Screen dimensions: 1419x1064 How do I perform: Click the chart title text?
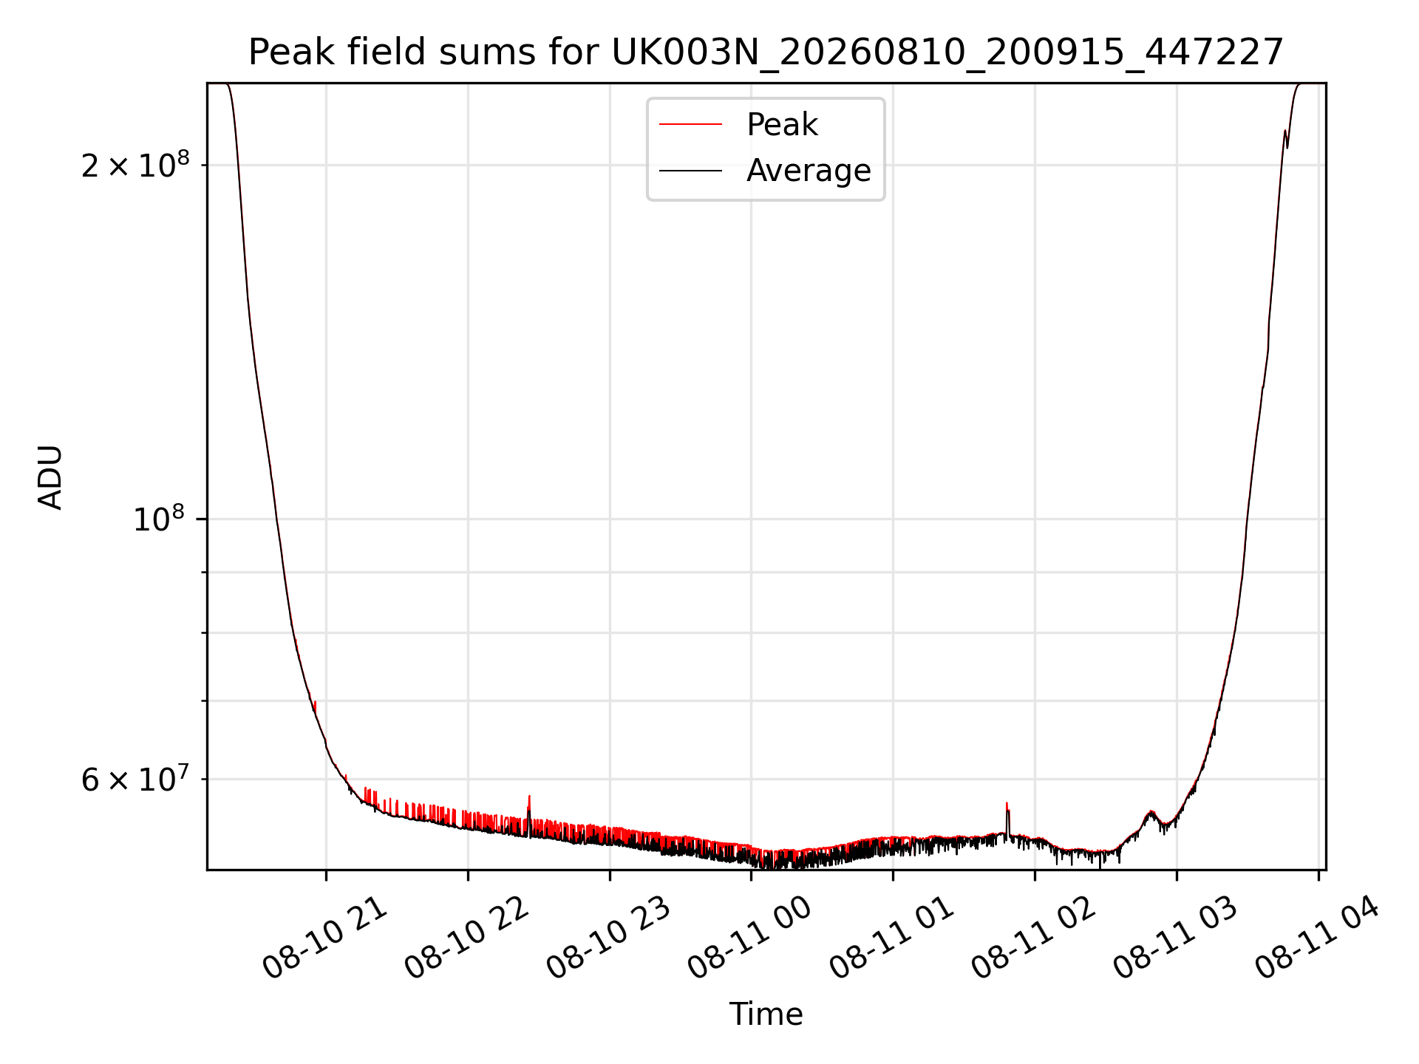tap(766, 52)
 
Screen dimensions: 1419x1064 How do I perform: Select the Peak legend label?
tap(782, 124)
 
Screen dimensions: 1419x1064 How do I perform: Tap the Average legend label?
tap(809, 171)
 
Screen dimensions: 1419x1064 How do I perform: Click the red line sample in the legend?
tap(690, 124)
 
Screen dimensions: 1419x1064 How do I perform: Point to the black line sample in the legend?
tap(690, 171)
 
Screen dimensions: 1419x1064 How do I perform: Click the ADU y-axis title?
tap(50, 477)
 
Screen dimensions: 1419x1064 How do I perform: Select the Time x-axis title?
tap(766, 1014)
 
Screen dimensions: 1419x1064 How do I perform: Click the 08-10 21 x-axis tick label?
tap(325, 938)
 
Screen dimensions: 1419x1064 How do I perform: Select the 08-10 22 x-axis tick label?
tap(467, 938)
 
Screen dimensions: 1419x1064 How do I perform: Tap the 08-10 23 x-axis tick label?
tap(609, 938)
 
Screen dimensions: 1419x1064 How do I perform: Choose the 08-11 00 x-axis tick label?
tap(750, 938)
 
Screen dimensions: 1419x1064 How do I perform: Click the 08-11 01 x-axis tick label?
tap(892, 938)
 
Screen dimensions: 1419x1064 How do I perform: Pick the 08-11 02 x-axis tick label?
tap(1034, 938)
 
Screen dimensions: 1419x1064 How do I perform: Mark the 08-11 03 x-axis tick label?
tap(1176, 938)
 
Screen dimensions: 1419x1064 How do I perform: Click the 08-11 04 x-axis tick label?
tap(1318, 938)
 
